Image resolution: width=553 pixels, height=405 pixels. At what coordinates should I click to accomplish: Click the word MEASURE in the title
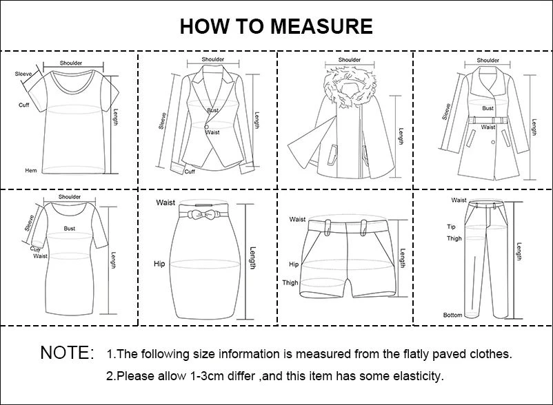tap(321, 26)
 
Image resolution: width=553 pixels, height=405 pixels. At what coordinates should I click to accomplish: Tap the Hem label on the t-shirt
tap(30, 170)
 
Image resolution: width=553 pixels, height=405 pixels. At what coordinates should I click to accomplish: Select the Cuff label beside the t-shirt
tap(23, 105)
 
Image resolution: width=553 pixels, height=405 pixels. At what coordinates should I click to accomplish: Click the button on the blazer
tap(206, 127)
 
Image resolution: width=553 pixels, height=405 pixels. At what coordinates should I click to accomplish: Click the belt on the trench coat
tap(487, 120)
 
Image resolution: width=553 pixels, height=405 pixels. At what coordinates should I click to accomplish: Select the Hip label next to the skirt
tap(159, 264)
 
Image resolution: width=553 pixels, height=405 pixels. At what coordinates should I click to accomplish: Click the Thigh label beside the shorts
tap(290, 282)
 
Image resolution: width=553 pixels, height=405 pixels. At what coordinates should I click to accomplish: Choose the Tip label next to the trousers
tap(451, 227)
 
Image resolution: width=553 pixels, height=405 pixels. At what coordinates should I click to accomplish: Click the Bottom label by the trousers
tap(452, 315)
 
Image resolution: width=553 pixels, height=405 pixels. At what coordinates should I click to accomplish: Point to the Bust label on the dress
tap(70, 228)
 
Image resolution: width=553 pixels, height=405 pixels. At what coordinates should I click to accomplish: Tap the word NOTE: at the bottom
tap(68, 353)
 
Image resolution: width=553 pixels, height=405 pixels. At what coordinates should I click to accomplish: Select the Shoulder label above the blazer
tap(212, 59)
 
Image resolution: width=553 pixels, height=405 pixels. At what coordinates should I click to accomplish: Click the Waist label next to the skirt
tap(165, 202)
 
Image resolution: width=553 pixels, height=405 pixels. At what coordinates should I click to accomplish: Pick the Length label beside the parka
tap(401, 136)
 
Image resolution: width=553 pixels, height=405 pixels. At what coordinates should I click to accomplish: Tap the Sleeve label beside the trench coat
tap(446, 112)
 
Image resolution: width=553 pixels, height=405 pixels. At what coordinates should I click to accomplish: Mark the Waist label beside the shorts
tap(297, 220)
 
